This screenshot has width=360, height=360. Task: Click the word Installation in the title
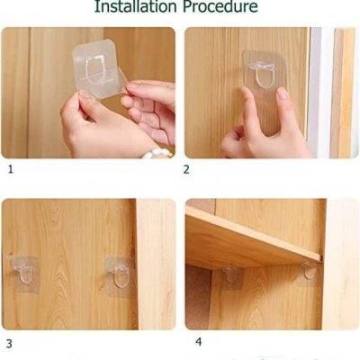(x=135, y=6)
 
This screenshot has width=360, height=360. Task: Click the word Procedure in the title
(x=219, y=6)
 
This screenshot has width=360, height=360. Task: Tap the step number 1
(x=11, y=169)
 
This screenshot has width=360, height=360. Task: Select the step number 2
(x=186, y=170)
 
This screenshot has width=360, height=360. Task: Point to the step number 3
(x=9, y=344)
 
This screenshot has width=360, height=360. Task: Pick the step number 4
(x=199, y=342)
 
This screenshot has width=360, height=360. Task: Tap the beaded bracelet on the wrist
(x=157, y=154)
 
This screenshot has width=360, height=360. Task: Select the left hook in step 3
(x=25, y=274)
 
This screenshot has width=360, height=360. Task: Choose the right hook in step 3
(x=121, y=276)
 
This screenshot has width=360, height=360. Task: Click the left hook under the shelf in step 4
(x=232, y=276)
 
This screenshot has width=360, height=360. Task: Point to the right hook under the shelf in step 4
(x=308, y=273)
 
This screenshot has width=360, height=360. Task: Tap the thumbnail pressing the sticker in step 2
(x=283, y=94)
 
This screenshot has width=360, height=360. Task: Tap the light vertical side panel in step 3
(x=156, y=264)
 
